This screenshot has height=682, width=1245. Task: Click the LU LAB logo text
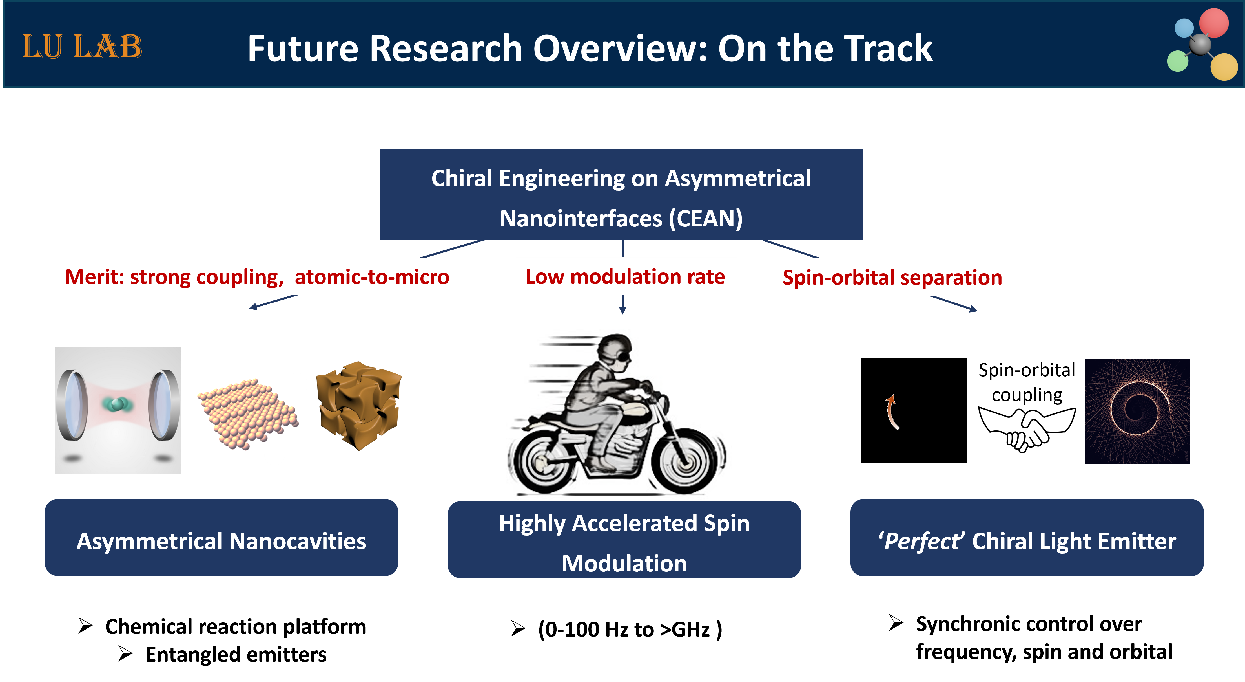click(x=82, y=47)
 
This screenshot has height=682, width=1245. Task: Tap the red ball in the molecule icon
click(x=1214, y=23)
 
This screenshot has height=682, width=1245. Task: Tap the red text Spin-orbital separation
click(x=892, y=278)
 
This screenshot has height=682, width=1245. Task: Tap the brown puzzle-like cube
click(x=359, y=405)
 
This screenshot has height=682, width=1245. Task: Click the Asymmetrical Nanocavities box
click(x=221, y=537)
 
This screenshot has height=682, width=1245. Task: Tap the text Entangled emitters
click(x=236, y=654)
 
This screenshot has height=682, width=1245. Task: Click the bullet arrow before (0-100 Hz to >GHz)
click(x=518, y=629)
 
